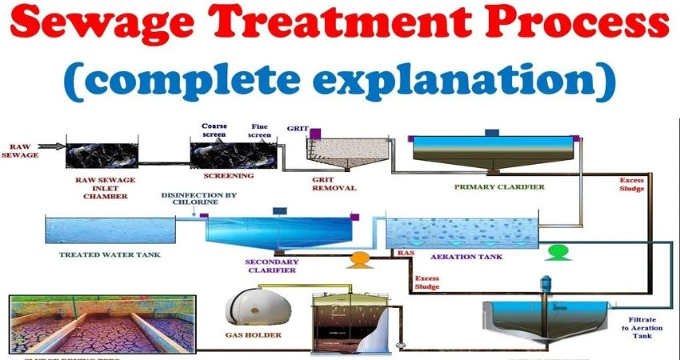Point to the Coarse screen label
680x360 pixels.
click(214, 130)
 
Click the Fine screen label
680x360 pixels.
click(258, 130)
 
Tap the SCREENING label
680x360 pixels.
click(230, 175)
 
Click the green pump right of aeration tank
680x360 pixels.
click(554, 254)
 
